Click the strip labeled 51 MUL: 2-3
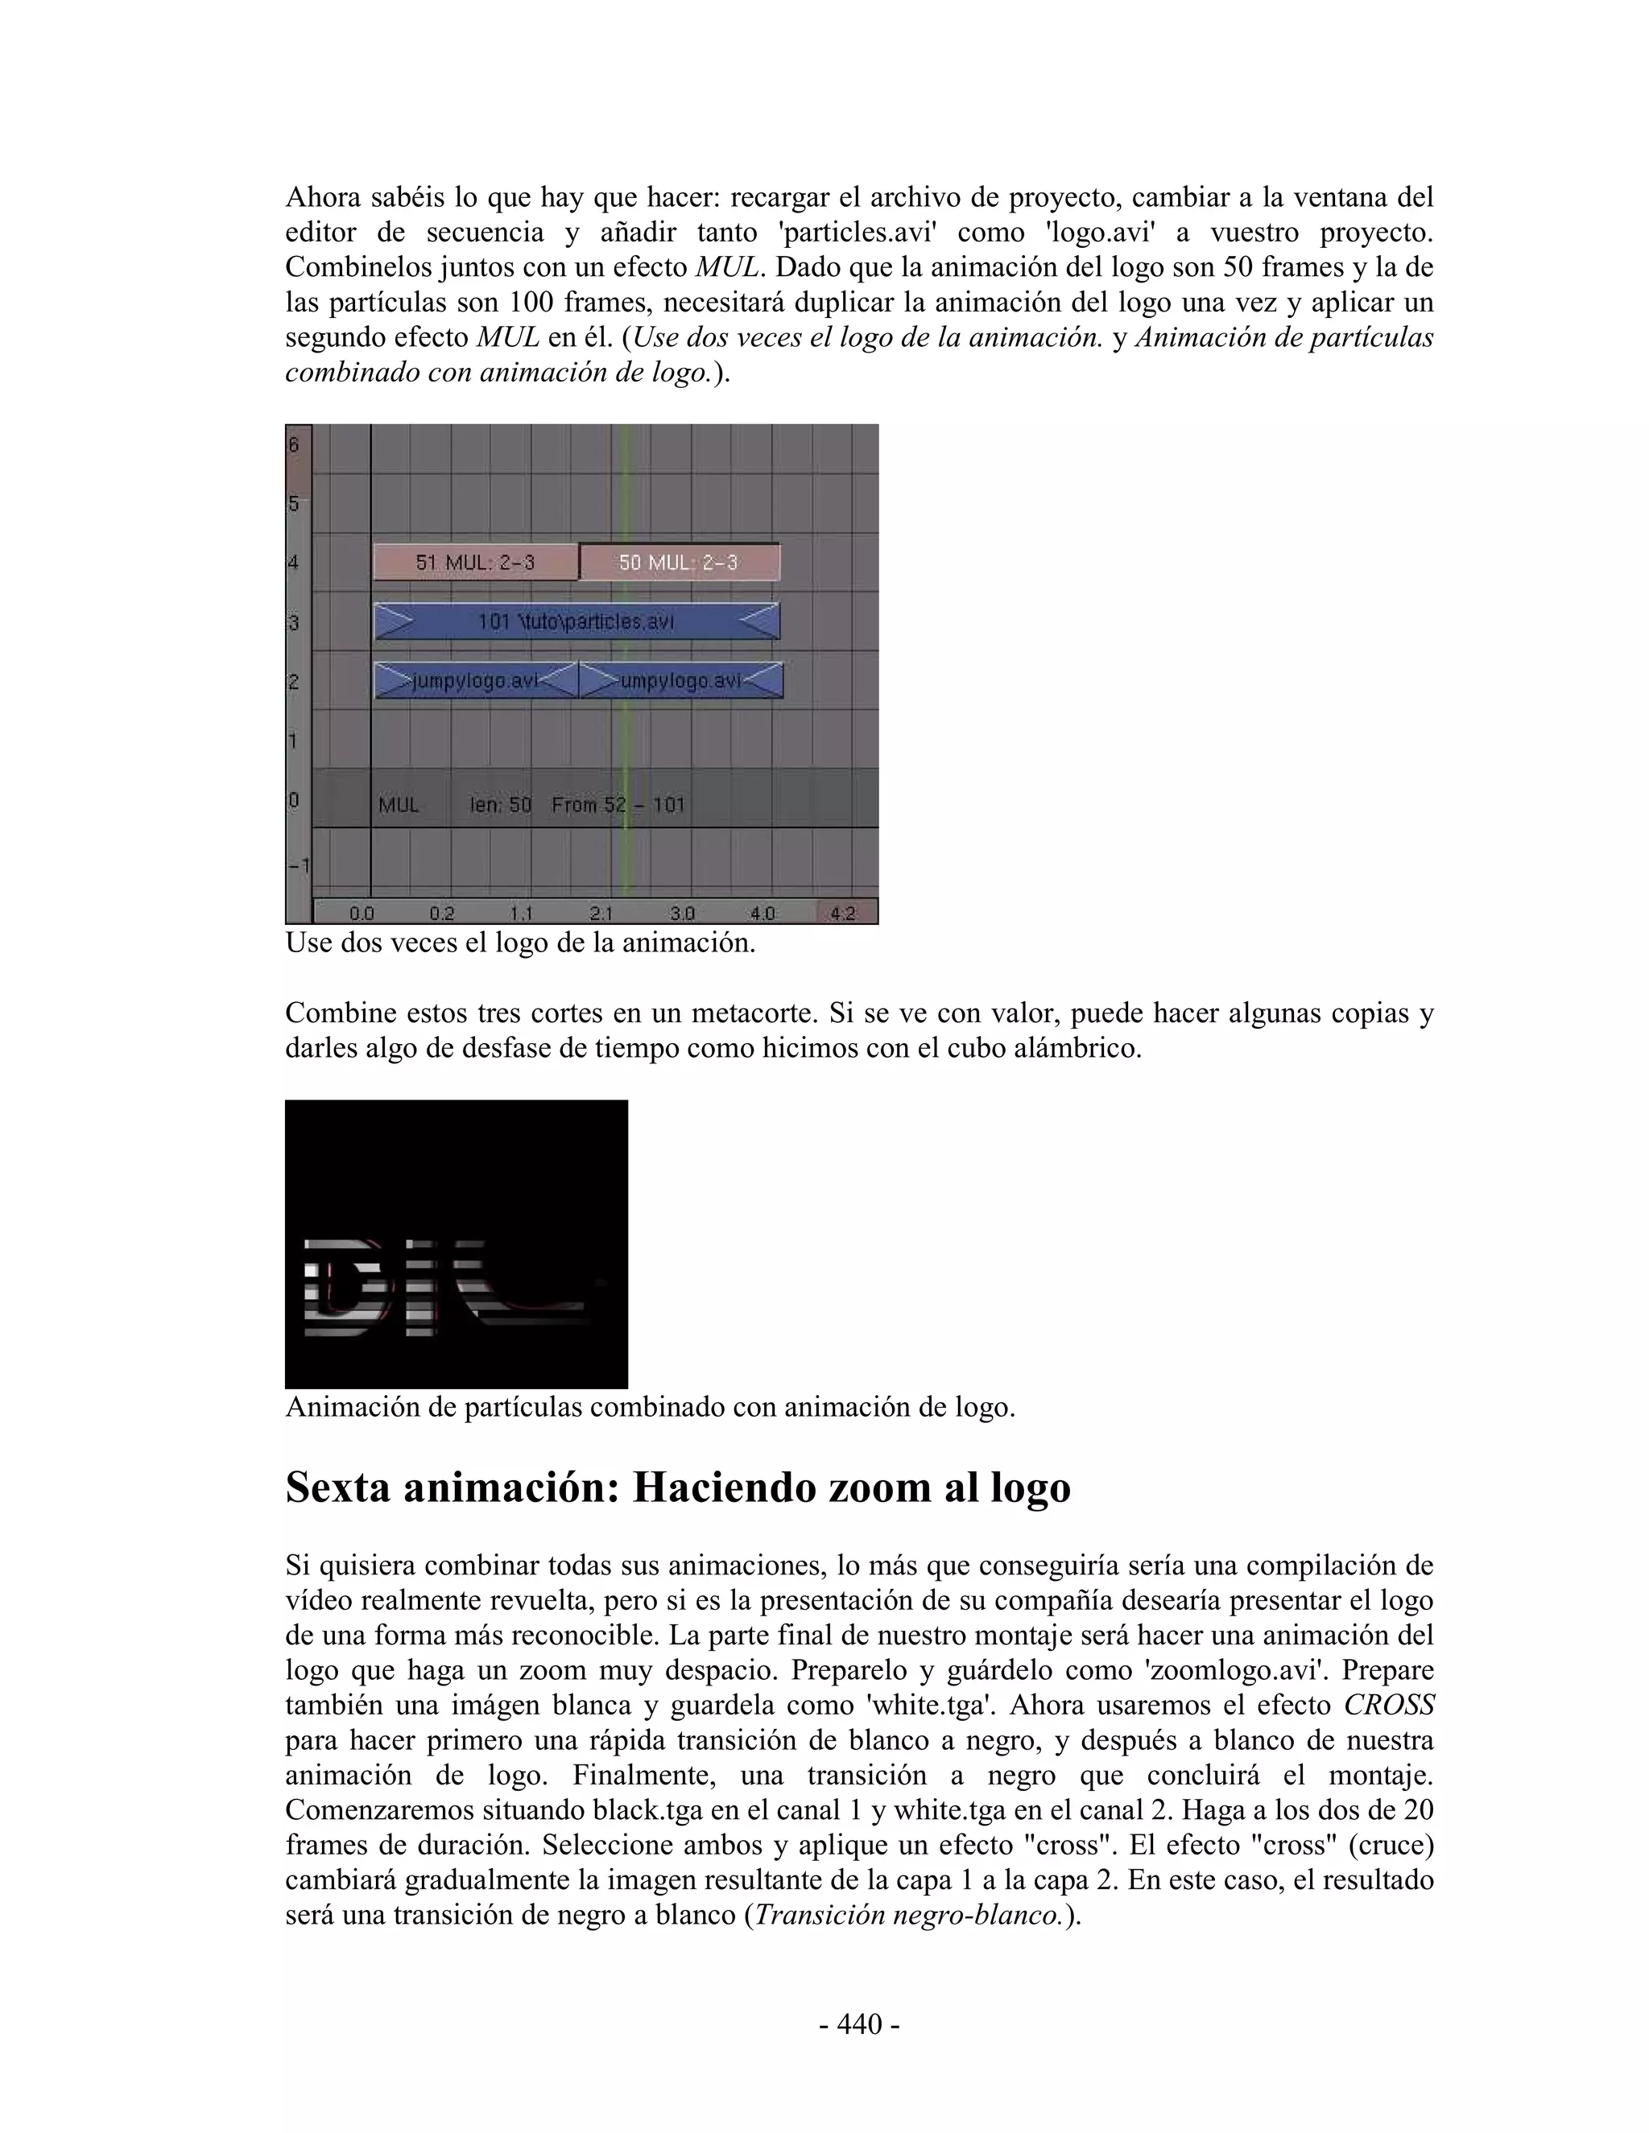tap(476, 563)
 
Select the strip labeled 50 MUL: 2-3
tap(679, 563)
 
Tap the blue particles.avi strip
tap(577, 621)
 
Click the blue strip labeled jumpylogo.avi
tap(476, 681)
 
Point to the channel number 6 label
tap(294, 445)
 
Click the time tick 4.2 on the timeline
tap(842, 914)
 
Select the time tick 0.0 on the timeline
tap(362, 914)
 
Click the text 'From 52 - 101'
tap(618, 805)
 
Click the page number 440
tap(860, 2024)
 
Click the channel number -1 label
tap(297, 865)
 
